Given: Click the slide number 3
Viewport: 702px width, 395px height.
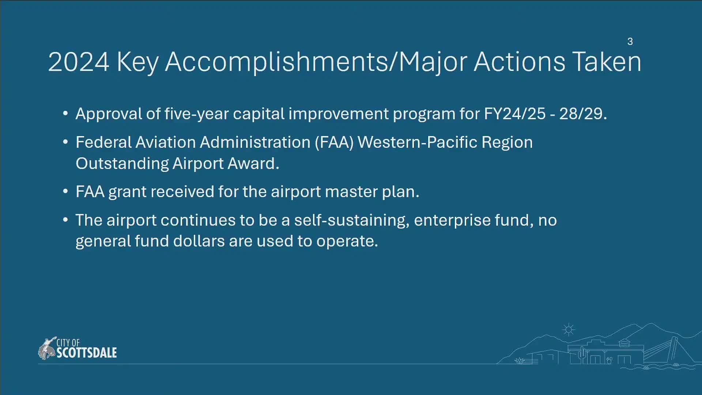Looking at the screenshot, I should (630, 42).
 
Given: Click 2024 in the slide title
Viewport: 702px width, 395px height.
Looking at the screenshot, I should (79, 62).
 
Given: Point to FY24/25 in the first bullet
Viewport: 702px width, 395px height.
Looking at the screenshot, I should (514, 114).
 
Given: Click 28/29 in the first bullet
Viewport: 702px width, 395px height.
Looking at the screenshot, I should (583, 114).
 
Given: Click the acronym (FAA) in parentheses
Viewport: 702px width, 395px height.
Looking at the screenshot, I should (334, 142).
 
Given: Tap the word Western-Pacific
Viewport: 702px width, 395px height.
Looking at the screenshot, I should (417, 142).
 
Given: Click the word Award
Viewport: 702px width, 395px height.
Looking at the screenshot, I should (253, 163).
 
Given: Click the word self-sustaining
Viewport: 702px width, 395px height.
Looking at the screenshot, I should (352, 221).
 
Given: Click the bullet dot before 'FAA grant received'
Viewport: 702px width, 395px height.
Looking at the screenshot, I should (65, 191).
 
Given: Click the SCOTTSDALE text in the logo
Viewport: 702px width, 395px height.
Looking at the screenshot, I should (87, 353).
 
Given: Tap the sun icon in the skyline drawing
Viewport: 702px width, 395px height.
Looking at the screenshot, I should (569, 330).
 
